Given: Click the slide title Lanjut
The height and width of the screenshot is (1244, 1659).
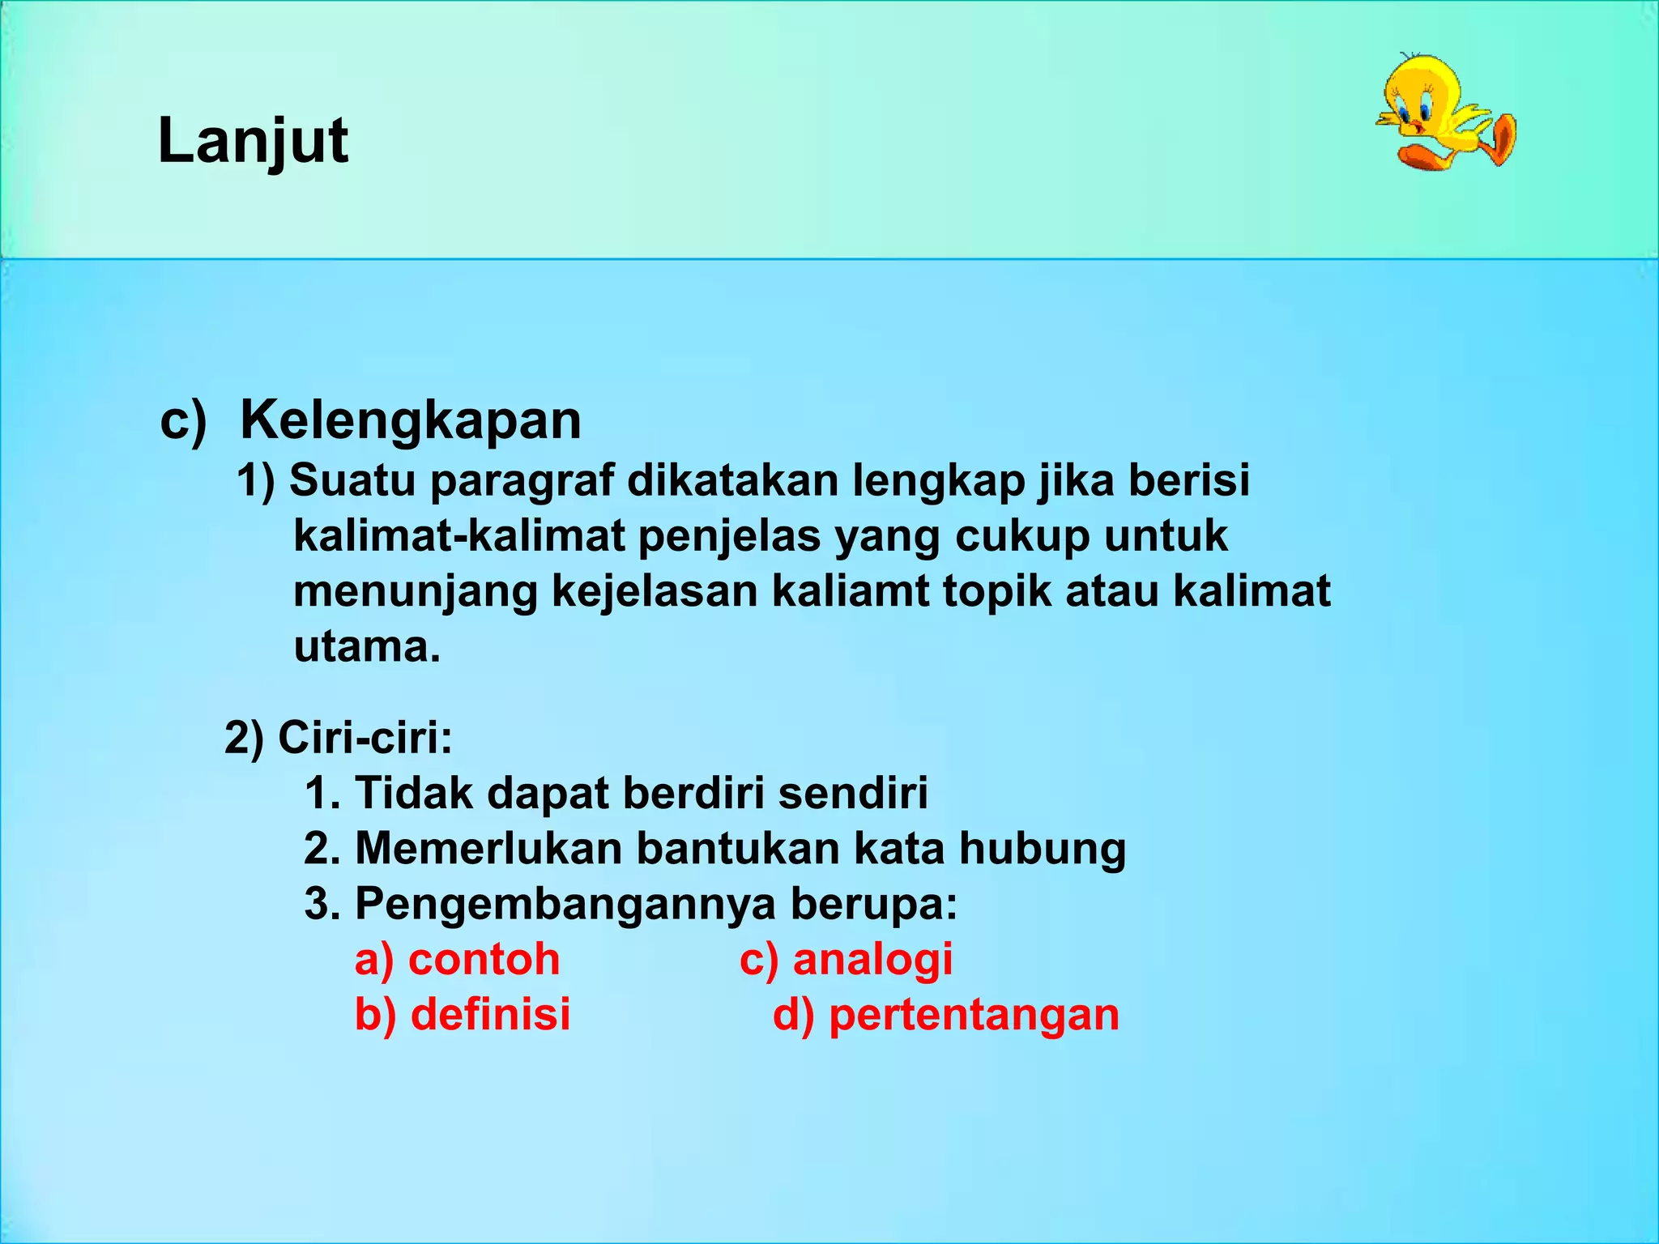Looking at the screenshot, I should pyautogui.click(x=253, y=141).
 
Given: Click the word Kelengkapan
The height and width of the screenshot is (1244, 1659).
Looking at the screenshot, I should pyautogui.click(x=411, y=420).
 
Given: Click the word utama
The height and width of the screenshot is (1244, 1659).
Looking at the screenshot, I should pyautogui.click(x=366, y=646).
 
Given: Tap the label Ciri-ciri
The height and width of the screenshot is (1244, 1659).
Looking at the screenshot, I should pyautogui.click(x=365, y=737).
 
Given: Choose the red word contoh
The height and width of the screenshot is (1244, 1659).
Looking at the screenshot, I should pyautogui.click(x=484, y=959).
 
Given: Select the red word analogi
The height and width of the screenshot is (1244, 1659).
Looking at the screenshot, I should pyautogui.click(x=872, y=959).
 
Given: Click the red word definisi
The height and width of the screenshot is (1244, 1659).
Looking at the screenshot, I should pyautogui.click(x=490, y=1014).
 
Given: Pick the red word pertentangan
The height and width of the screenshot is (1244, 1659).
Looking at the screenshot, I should pyautogui.click(x=974, y=1014).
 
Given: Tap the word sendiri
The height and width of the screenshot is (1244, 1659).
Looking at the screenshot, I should pyautogui.click(x=853, y=792).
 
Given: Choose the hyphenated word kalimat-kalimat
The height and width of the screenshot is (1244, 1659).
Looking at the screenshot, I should pyautogui.click(x=459, y=536).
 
